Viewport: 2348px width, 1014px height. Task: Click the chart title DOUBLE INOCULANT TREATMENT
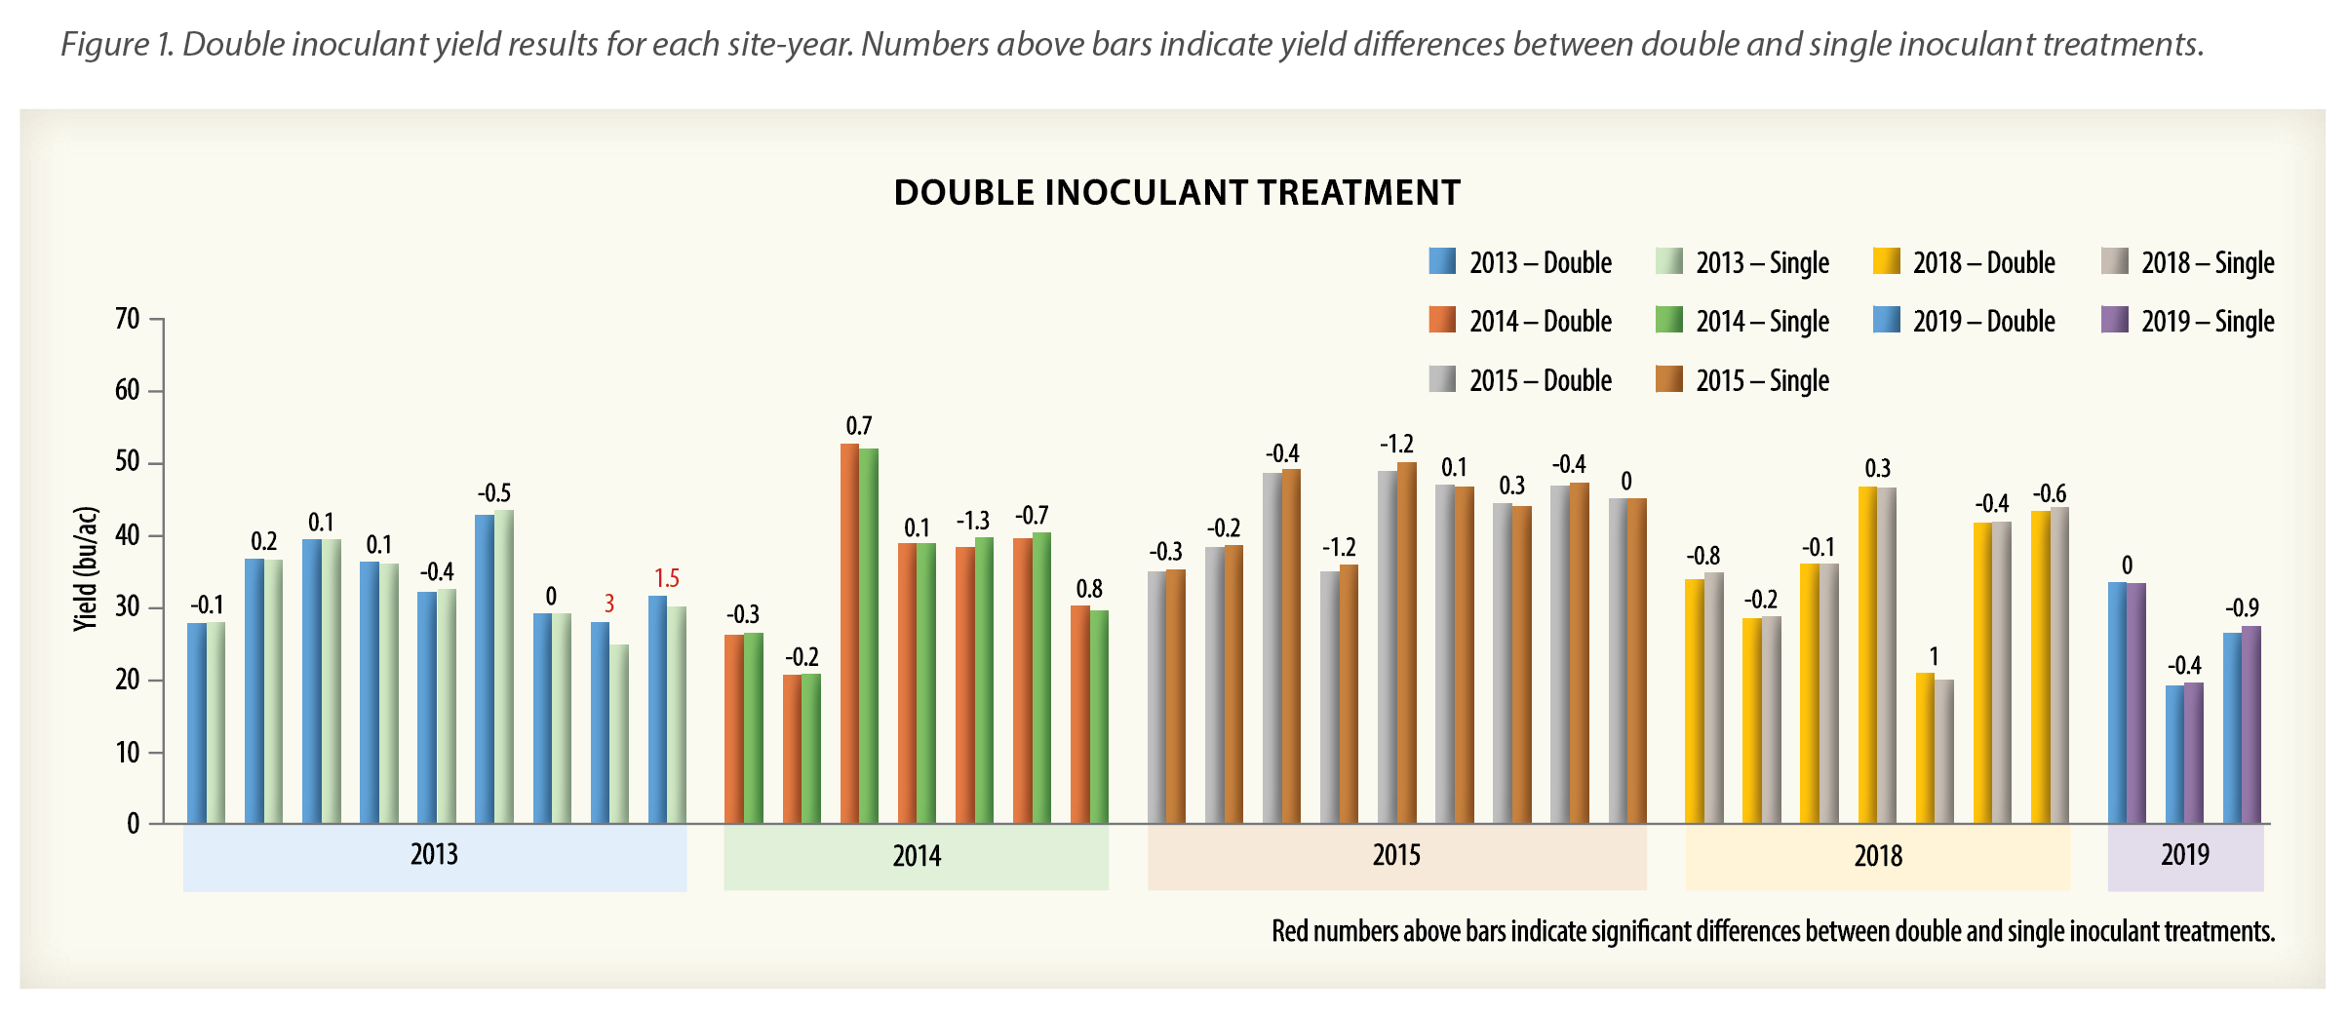(1177, 193)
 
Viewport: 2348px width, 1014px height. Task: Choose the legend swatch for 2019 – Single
(2114, 320)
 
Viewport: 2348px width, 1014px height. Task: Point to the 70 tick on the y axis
(128, 319)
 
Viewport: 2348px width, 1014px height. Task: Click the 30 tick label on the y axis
(128, 607)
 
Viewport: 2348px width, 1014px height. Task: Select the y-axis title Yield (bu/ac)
(86, 569)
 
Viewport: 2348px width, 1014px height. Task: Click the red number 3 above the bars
(609, 604)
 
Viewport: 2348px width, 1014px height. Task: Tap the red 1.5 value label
(667, 579)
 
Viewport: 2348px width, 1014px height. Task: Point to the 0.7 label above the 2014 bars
(858, 426)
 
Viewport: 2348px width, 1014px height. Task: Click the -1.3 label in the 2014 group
(972, 522)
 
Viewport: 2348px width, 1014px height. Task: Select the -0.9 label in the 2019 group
(2242, 608)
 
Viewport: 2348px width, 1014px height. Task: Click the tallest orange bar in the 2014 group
(849, 634)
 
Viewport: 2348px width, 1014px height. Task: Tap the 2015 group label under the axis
(1396, 856)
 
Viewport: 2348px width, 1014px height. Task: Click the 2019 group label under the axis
(2184, 856)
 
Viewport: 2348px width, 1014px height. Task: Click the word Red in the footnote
(1290, 932)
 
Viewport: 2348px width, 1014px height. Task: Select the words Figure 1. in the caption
(118, 45)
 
